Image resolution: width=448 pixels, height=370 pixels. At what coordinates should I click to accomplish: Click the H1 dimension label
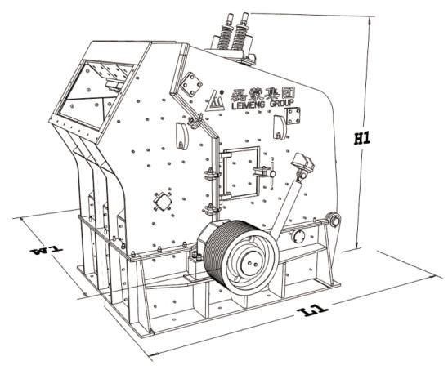click(362, 139)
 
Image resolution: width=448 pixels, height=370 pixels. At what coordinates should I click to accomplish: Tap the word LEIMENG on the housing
click(249, 106)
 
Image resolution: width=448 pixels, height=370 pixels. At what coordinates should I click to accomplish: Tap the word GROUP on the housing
click(282, 103)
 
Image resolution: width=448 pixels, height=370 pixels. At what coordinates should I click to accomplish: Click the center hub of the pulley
click(253, 264)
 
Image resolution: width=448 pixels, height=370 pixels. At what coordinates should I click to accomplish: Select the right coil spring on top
click(240, 33)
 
